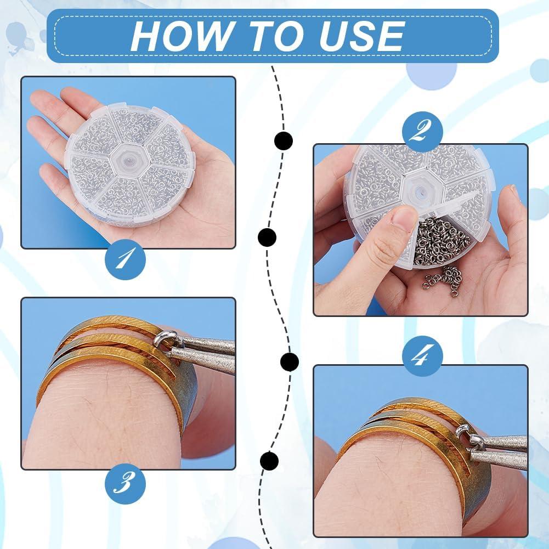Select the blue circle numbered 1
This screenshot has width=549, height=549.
click(126, 259)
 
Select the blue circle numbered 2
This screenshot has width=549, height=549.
click(423, 132)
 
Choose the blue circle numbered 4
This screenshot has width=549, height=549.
click(423, 356)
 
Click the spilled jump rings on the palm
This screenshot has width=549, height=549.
click(443, 276)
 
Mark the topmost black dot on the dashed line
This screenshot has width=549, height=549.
click(283, 141)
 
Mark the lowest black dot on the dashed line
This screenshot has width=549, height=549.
click(269, 461)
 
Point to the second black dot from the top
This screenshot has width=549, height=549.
click(267, 237)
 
